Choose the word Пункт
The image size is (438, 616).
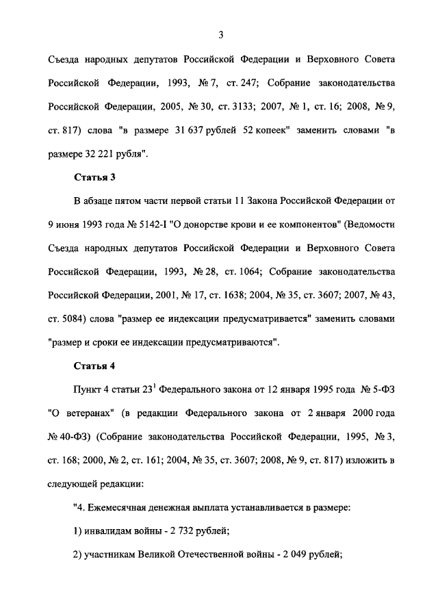pyautogui.click(x=88, y=389)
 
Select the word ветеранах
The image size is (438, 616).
pyautogui.click(x=92, y=413)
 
